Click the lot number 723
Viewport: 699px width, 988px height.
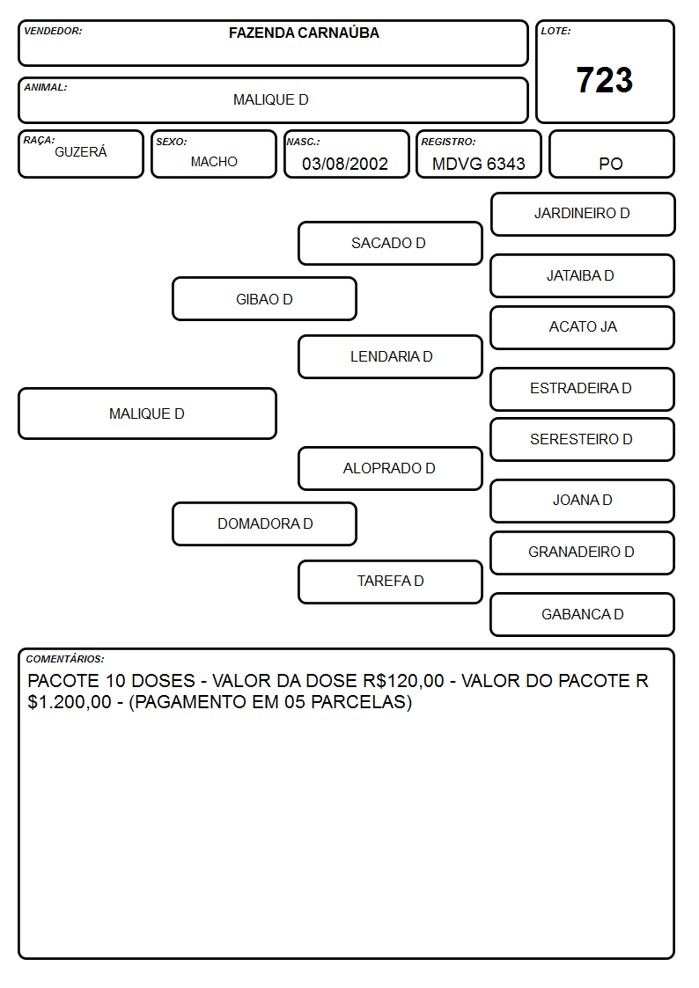pyautogui.click(x=605, y=80)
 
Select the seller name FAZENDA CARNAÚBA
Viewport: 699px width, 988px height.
pyautogui.click(x=304, y=33)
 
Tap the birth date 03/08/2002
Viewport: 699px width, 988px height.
pyautogui.click(x=345, y=164)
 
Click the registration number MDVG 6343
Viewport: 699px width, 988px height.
pyautogui.click(x=478, y=164)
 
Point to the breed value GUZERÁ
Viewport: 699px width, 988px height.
pyautogui.click(x=81, y=151)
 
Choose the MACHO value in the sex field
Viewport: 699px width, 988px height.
pyautogui.click(x=214, y=162)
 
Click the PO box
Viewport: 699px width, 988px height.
pyautogui.click(x=611, y=154)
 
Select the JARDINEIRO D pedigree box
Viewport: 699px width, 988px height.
pyautogui.click(x=583, y=215)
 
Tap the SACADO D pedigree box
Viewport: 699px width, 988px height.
pyautogui.click(x=390, y=243)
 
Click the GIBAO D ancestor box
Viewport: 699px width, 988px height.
pyautogui.click(x=265, y=299)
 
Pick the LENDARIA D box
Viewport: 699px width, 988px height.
pyautogui.click(x=390, y=356)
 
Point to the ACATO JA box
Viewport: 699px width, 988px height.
pyautogui.click(x=583, y=327)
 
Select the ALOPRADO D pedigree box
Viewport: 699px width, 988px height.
pyautogui.click(x=390, y=468)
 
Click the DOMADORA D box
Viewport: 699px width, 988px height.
pyautogui.click(x=265, y=523)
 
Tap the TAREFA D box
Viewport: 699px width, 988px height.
pyautogui.click(x=390, y=582)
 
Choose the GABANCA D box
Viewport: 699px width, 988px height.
pyautogui.click(x=583, y=614)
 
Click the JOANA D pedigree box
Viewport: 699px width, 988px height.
pyautogui.click(x=583, y=501)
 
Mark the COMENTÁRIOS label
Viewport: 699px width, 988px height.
pyautogui.click(x=65, y=659)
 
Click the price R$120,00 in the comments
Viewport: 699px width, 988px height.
pyautogui.click(x=403, y=680)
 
